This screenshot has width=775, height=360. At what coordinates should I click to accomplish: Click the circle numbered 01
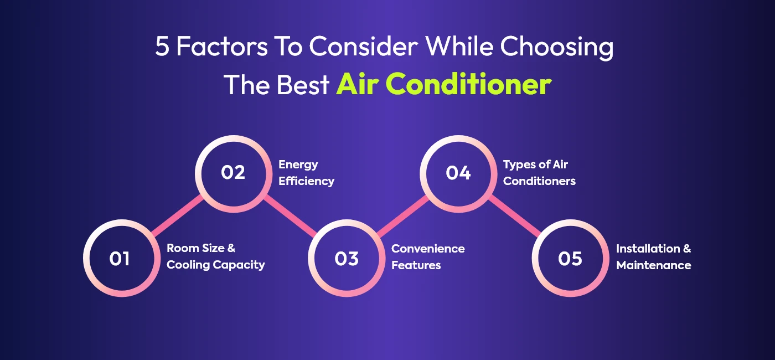[120, 259]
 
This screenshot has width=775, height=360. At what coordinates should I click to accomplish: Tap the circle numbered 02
[232, 173]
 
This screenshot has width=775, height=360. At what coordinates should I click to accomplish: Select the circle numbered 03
[346, 259]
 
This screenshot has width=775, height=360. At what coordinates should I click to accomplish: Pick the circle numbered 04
[458, 173]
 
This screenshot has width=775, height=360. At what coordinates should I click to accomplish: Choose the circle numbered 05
[570, 259]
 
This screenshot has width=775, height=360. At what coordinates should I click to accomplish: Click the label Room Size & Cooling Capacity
[215, 257]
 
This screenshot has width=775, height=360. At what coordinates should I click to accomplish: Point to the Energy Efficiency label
[306, 173]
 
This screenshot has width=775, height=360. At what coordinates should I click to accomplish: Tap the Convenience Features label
[428, 257]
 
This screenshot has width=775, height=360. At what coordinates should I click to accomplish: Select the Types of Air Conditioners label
[539, 173]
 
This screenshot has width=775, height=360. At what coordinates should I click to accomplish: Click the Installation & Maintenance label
[653, 257]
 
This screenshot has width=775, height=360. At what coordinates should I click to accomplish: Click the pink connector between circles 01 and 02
[176, 216]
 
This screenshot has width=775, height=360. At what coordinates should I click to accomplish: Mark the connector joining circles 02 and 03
[290, 216]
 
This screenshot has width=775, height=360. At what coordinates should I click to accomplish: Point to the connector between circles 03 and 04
[402, 216]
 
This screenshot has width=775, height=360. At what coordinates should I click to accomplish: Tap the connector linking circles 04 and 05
[515, 216]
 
